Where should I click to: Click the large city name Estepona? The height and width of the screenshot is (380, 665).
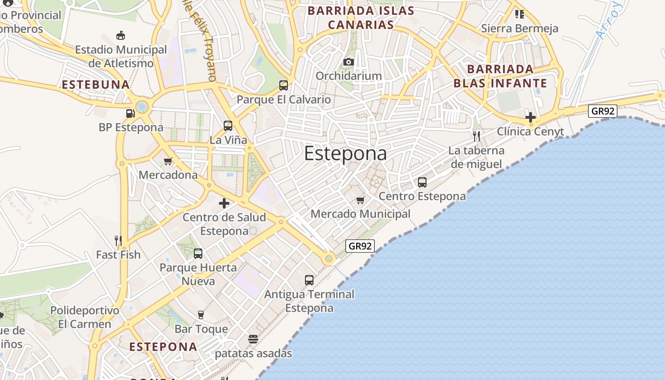pos(345,153)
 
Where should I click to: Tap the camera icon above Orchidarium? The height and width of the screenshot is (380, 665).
pos(349,62)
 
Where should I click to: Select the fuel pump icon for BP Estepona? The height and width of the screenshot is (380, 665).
pos(130,113)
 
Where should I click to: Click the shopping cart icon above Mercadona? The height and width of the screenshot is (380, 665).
pos(168,161)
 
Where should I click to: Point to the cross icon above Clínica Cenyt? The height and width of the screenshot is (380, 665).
pos(531,117)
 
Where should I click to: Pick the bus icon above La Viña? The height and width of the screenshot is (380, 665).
pos(228,126)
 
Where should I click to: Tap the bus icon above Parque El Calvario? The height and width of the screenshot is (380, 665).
pos(284,85)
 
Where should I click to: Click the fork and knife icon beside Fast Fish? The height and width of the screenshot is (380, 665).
pos(118,241)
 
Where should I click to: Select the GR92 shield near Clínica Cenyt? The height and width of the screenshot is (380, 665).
pos(602,111)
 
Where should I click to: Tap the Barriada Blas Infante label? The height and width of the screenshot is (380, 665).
pos(500,76)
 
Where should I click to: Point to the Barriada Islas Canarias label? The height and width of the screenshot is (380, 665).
pos(361,18)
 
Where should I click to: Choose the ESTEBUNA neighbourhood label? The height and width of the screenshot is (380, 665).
pos(96,85)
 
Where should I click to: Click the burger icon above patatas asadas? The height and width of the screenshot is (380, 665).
pos(253,339)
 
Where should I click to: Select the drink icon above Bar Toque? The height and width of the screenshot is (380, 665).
pos(201,314)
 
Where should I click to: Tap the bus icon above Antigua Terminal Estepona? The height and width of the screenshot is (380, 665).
pos(309,280)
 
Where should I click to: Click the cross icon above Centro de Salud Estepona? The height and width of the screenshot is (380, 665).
pos(224,204)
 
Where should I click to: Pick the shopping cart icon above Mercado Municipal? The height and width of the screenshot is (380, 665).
pos(361,200)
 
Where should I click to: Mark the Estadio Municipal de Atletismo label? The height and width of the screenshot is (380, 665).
pos(121,56)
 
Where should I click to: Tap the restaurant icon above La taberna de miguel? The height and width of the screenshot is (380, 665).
pos(476,137)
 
